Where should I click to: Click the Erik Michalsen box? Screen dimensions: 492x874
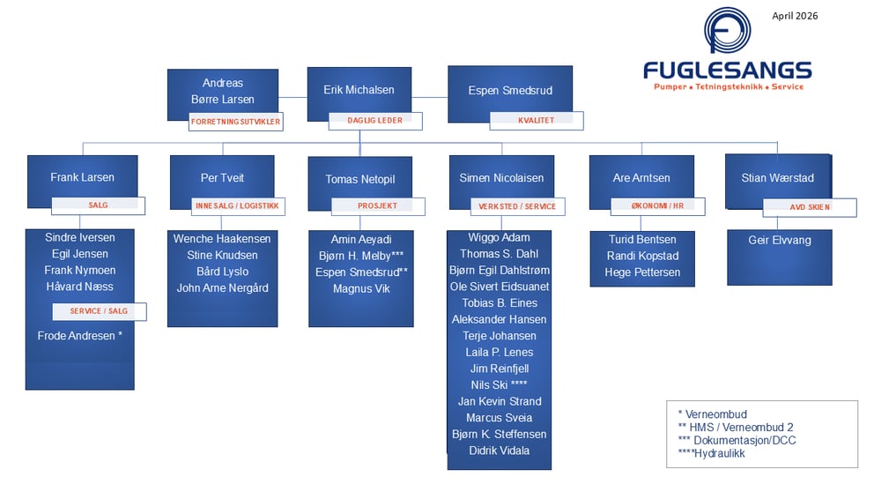[x=359, y=90]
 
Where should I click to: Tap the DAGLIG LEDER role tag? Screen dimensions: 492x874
[x=375, y=121]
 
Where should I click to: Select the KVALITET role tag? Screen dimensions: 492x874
[x=535, y=121]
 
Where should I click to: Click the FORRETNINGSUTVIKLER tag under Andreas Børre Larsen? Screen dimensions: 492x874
[x=236, y=122]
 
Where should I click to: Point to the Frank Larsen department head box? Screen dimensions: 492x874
[x=82, y=177]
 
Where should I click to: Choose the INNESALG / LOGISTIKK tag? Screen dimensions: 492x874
[x=237, y=206]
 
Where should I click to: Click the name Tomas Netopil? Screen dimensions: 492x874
[x=360, y=179]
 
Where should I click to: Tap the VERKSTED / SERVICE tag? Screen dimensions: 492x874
[x=517, y=206]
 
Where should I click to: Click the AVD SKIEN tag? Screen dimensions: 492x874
[x=809, y=208]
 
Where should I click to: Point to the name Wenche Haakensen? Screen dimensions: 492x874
[x=222, y=239]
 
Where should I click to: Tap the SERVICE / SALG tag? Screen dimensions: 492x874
[x=99, y=311]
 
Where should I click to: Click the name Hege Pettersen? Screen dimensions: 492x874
[x=642, y=272]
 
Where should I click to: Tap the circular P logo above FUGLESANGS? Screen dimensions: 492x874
[x=728, y=34]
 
